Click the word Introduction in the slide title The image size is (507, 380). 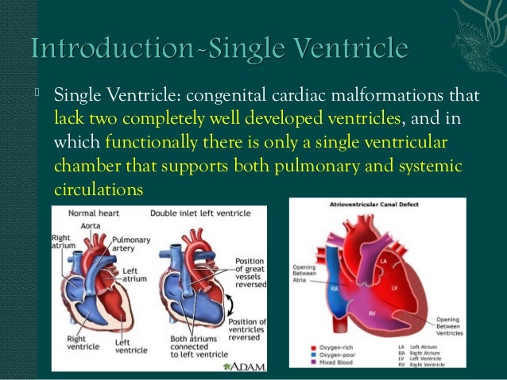[x=118, y=49]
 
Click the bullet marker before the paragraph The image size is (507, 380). [x=37, y=97]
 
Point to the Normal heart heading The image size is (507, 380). [x=94, y=213]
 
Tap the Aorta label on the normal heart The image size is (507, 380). [x=89, y=226]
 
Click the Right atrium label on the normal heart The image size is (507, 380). [x=64, y=241]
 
